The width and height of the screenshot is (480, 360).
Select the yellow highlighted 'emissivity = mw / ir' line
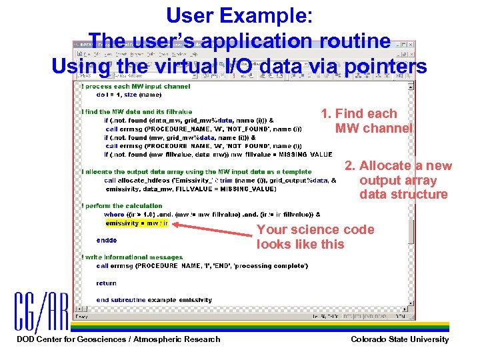point(137,223)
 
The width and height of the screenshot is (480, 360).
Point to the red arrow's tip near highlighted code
point(172,224)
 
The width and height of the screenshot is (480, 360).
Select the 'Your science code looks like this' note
point(315,237)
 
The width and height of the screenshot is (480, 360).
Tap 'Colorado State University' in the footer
point(399,339)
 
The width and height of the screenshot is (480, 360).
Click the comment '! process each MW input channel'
point(135,86)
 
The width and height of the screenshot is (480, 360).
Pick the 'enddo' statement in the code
point(107,240)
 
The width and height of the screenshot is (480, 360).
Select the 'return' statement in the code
point(106,283)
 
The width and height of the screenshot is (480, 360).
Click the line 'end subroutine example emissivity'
point(154,300)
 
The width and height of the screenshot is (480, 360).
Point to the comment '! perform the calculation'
point(121,206)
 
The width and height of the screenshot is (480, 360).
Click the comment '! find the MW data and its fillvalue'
point(137,111)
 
